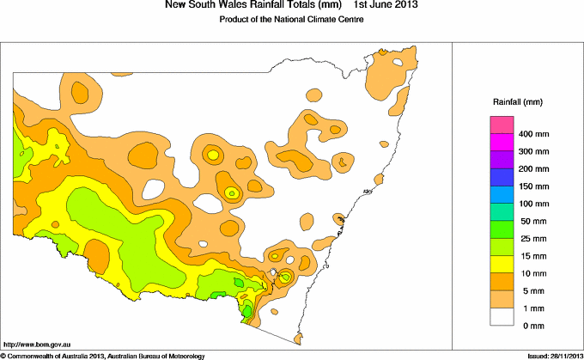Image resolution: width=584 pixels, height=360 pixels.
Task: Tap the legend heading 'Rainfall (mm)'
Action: click(514, 102)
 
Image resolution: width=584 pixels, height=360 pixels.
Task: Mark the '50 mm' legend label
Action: click(531, 221)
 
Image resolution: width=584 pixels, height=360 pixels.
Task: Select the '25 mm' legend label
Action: click(531, 238)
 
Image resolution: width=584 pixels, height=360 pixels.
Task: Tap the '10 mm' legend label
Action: click(531, 272)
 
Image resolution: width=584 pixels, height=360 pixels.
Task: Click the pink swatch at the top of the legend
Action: click(502, 126)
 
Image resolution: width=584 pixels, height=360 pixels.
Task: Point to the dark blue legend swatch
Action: click(502, 178)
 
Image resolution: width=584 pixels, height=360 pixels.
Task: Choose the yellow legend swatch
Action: click(502, 264)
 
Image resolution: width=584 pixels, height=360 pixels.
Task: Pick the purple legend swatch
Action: click(502, 161)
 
